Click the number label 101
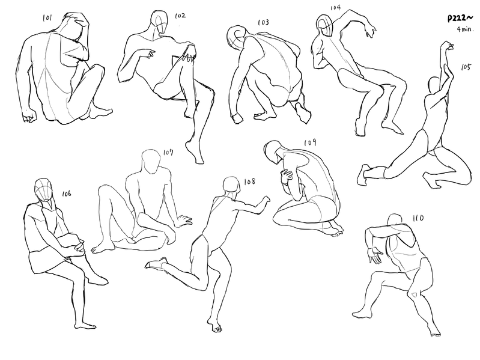click(47, 18)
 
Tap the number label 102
click(180, 15)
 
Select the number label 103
click(263, 22)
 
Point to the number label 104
click(335, 7)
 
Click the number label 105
click(466, 67)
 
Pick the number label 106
click(67, 194)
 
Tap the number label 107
click(168, 152)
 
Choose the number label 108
click(249, 182)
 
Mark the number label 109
click(311, 142)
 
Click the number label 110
click(418, 218)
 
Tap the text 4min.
click(466, 29)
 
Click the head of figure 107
click(151, 161)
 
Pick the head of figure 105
click(434, 85)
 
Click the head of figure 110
click(395, 221)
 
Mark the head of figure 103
click(236, 38)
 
